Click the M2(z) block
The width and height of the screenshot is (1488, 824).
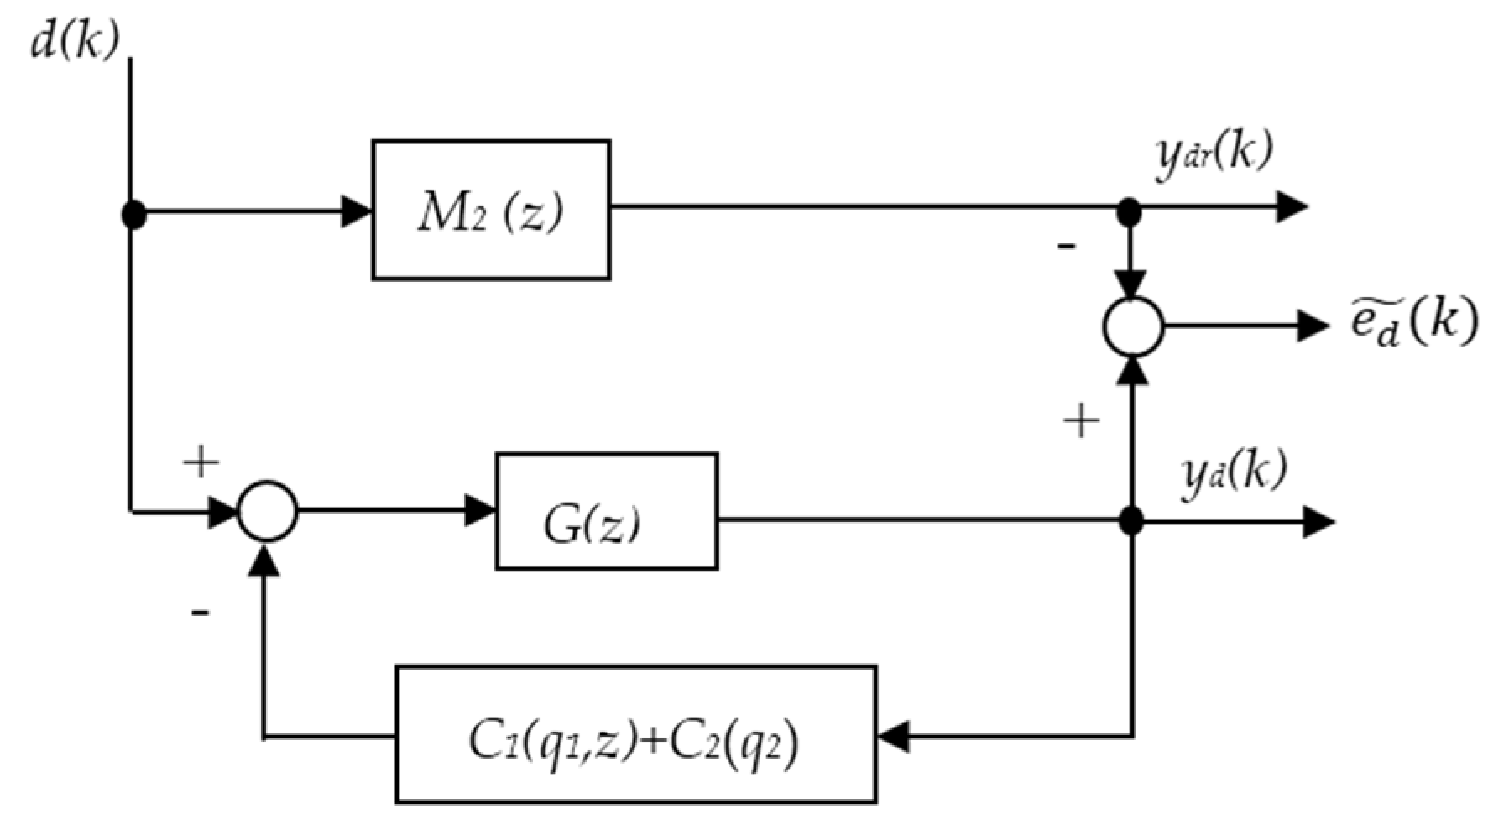click(491, 210)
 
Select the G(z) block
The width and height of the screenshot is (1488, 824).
click(606, 511)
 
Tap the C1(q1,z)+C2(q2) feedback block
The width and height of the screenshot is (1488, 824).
click(635, 734)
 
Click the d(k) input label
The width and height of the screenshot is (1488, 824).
click(74, 39)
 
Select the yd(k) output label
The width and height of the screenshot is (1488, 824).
click(1232, 473)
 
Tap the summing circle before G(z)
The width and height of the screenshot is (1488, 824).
click(267, 510)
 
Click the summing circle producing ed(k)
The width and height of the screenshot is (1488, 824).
click(1132, 326)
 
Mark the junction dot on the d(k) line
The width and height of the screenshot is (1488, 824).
click(133, 215)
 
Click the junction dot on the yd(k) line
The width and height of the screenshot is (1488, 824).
click(1131, 521)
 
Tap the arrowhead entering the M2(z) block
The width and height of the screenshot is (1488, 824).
click(357, 211)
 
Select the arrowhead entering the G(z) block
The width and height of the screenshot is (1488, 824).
click(479, 510)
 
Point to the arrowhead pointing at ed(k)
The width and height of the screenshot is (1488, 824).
click(1312, 326)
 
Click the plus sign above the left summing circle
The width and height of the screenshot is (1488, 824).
click(201, 462)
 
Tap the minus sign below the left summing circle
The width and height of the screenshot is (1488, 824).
click(200, 613)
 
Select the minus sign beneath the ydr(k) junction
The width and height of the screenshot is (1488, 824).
click(1066, 247)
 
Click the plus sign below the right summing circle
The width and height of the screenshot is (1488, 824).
click(1081, 420)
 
